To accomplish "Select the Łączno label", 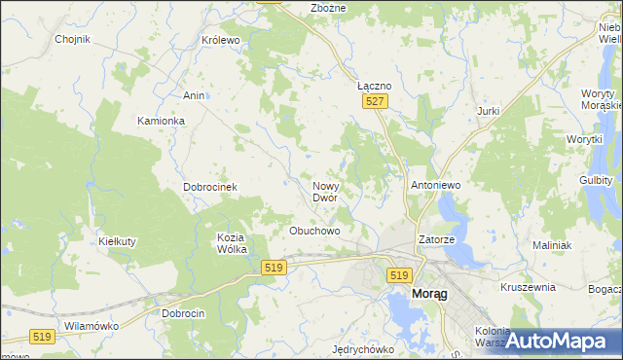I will point(374,86).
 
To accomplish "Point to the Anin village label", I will point(194,95).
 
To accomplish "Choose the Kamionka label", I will point(161,121).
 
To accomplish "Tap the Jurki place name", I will point(488,111).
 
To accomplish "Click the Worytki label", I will point(585,140).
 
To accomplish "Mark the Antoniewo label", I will point(435,184).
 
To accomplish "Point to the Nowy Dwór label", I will point(325,192).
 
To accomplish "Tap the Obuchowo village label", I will point(314,231).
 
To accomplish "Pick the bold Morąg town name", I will point(429,293).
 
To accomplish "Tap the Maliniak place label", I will point(551,245).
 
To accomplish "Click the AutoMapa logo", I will point(557,341).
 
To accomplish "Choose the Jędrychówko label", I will point(361,349).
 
